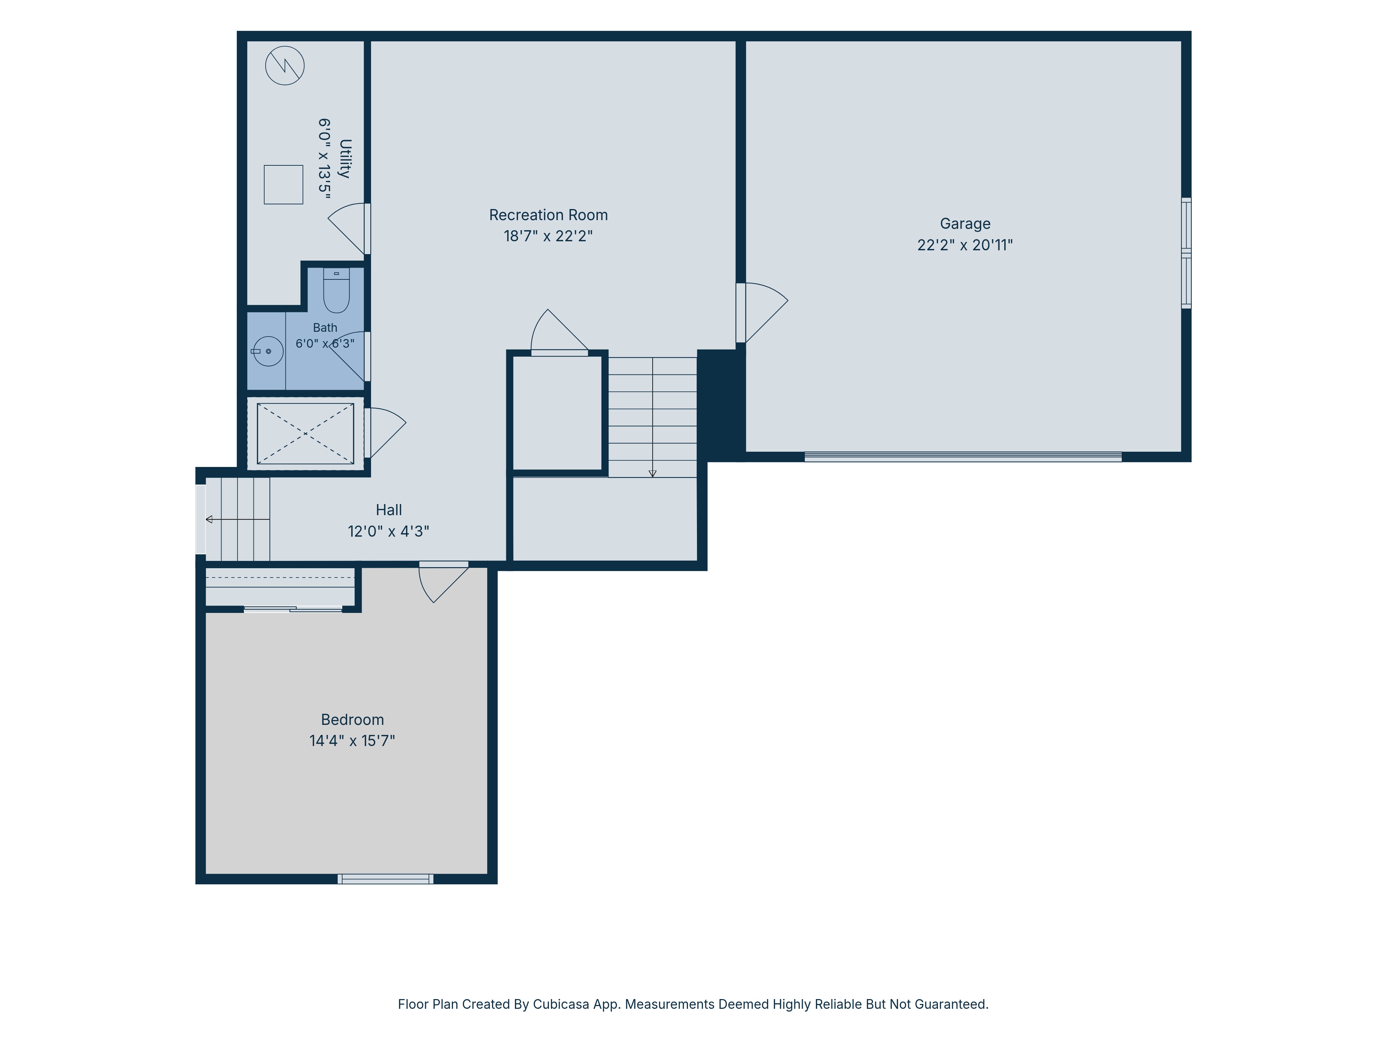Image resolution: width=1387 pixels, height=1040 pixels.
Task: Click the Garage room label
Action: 965,224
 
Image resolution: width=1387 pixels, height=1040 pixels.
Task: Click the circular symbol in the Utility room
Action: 285,65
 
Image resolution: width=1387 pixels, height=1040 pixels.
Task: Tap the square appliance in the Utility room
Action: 283,184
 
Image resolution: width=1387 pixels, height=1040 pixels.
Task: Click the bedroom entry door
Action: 443,581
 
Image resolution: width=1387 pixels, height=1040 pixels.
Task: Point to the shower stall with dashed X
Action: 305,433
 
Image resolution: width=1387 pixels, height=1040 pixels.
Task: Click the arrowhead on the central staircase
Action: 652,473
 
